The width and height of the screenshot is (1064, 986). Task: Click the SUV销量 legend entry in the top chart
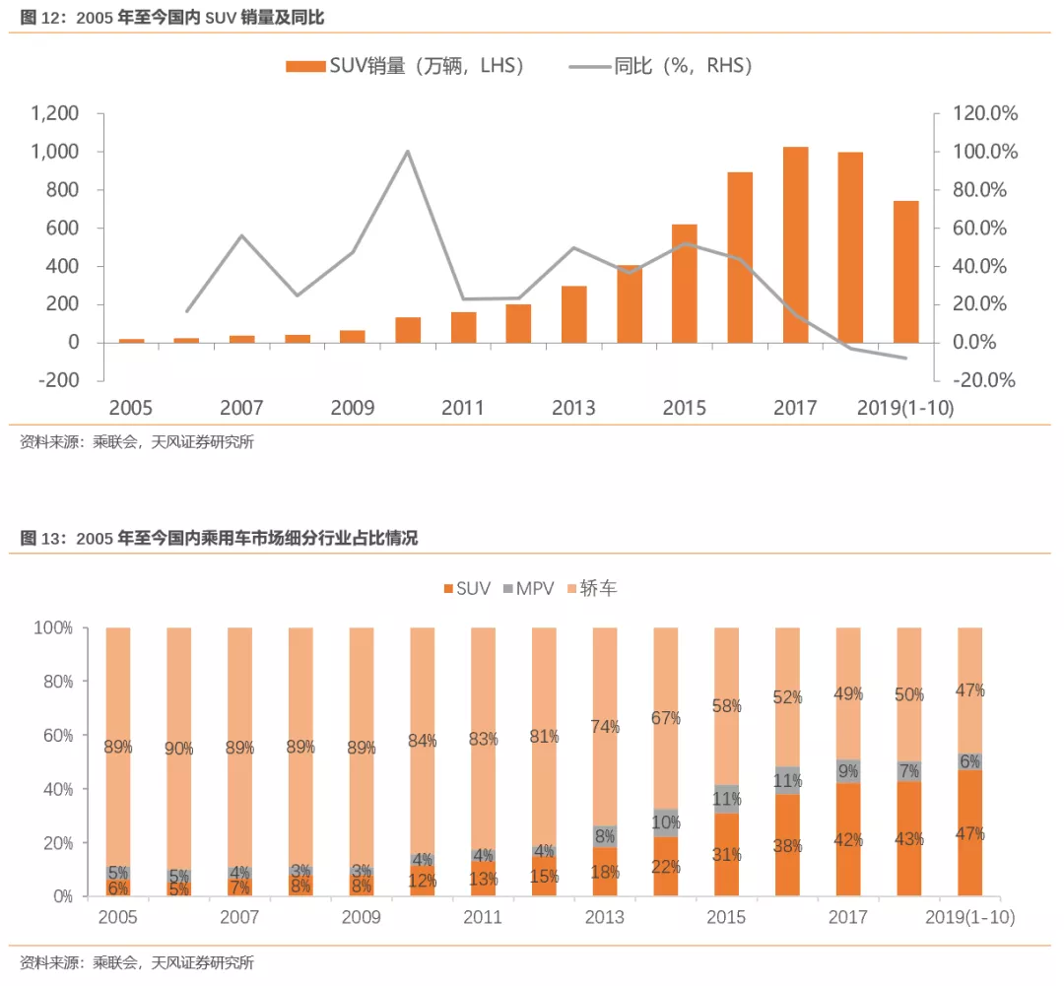(405, 66)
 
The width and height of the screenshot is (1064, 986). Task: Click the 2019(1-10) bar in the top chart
(905, 271)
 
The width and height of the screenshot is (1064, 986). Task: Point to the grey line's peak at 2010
(408, 152)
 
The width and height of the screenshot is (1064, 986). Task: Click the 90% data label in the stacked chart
(178, 749)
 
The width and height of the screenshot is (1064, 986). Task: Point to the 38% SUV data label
(787, 845)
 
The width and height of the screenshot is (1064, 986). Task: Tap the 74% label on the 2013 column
(605, 727)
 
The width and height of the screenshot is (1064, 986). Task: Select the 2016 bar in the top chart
(740, 257)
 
